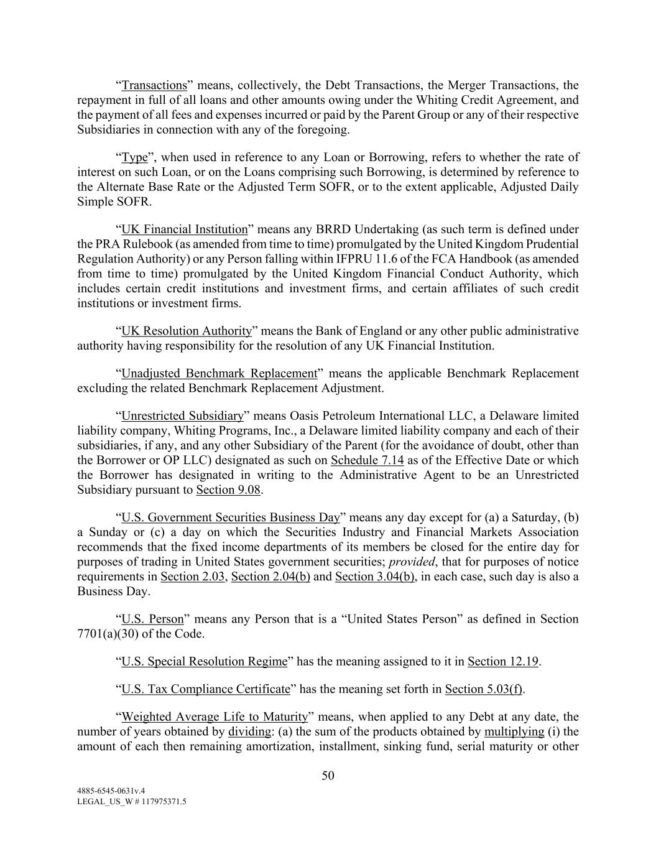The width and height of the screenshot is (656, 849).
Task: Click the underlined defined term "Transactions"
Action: [154, 85]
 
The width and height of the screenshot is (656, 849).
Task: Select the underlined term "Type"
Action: [134, 157]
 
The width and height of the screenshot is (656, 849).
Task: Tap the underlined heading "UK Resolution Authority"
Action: [187, 331]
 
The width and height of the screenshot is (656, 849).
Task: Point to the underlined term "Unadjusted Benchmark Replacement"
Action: [219, 373]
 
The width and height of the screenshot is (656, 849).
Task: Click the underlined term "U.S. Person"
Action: [152, 619]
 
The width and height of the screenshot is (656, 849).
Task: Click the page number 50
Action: [328, 776]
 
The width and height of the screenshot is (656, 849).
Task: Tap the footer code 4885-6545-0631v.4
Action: [111, 791]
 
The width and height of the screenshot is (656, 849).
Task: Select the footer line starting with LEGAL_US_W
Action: [131, 802]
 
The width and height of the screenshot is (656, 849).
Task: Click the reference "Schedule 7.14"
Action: [367, 460]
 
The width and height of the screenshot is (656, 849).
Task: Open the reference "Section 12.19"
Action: [502, 661]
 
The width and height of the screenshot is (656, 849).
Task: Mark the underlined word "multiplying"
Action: [514, 731]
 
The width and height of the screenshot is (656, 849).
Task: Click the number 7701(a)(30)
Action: [113, 634]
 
